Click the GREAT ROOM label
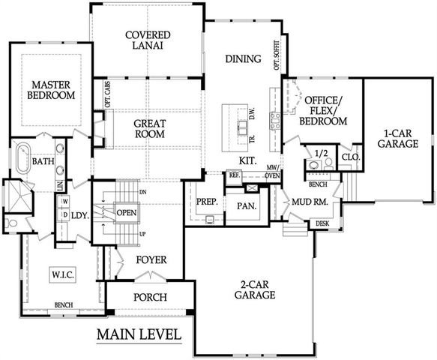coord(149,128)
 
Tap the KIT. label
coord(249,160)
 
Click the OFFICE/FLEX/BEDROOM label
coord(322,110)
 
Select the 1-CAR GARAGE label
coord(397,136)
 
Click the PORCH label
coord(150,297)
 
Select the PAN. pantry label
coord(247,205)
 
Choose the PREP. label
coord(207,202)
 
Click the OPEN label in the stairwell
coord(126,211)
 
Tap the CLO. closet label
coord(349,158)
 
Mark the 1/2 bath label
coord(322,154)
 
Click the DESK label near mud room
coord(322,223)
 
